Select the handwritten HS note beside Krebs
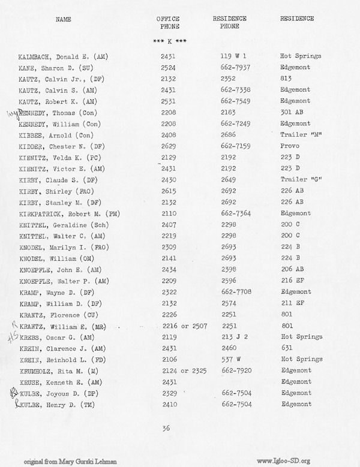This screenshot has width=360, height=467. [11, 338]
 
